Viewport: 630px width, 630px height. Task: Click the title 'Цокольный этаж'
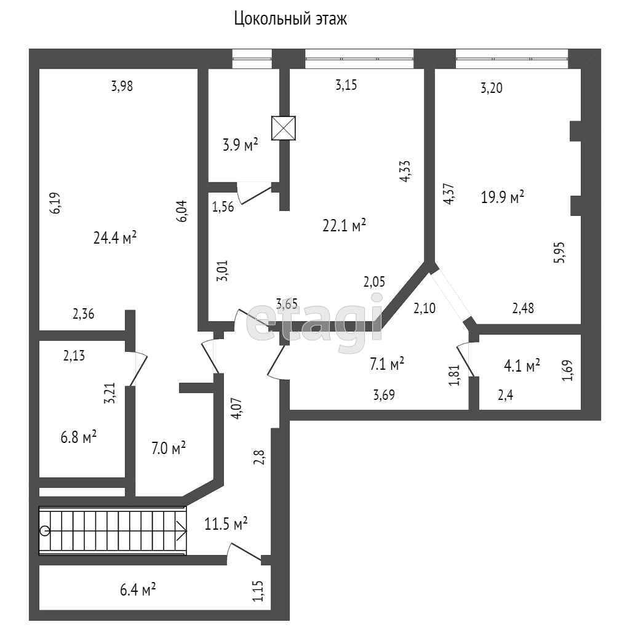pyautogui.click(x=290, y=19)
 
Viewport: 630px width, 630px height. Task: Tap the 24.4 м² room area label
pyautogui.click(x=115, y=238)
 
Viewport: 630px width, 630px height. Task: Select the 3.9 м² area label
pyautogui.click(x=240, y=146)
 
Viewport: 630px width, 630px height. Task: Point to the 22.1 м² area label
pyautogui.click(x=345, y=226)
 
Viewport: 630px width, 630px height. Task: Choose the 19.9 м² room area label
pyautogui.click(x=503, y=197)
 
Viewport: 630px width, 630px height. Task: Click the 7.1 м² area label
pyautogui.click(x=386, y=364)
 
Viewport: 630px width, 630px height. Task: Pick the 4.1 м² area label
pyautogui.click(x=522, y=366)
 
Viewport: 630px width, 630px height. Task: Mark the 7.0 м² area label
pyautogui.click(x=169, y=449)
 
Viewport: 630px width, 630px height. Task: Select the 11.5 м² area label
pyautogui.click(x=226, y=525)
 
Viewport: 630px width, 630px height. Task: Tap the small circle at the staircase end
pyautogui.click(x=44, y=530)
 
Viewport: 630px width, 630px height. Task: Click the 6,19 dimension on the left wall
pyautogui.click(x=55, y=203)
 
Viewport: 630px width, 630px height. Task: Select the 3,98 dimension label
pyautogui.click(x=122, y=87)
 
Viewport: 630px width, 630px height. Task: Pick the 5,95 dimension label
pyautogui.click(x=560, y=252)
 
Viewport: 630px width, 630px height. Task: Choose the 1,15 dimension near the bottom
pyautogui.click(x=258, y=592)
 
